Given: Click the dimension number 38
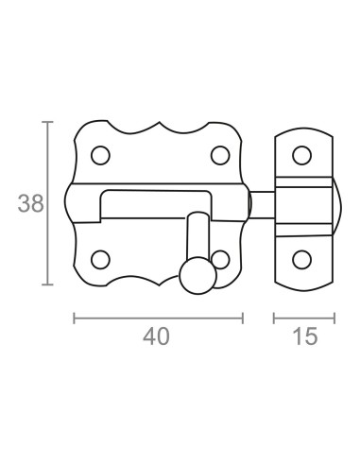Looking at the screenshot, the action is [30, 203].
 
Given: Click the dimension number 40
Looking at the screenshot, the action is [156, 336].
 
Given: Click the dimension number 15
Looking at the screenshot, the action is [305, 336].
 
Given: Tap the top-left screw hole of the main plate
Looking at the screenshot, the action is [100, 155].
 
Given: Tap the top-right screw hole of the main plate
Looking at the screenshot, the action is [220, 155].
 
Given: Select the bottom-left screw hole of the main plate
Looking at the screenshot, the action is [100, 260].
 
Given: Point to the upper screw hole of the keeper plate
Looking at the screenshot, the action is [301, 155].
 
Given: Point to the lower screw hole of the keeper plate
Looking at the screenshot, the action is [301, 260].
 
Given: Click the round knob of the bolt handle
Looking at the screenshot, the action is [198, 276].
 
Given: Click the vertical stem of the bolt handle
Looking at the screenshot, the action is [197, 235].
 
